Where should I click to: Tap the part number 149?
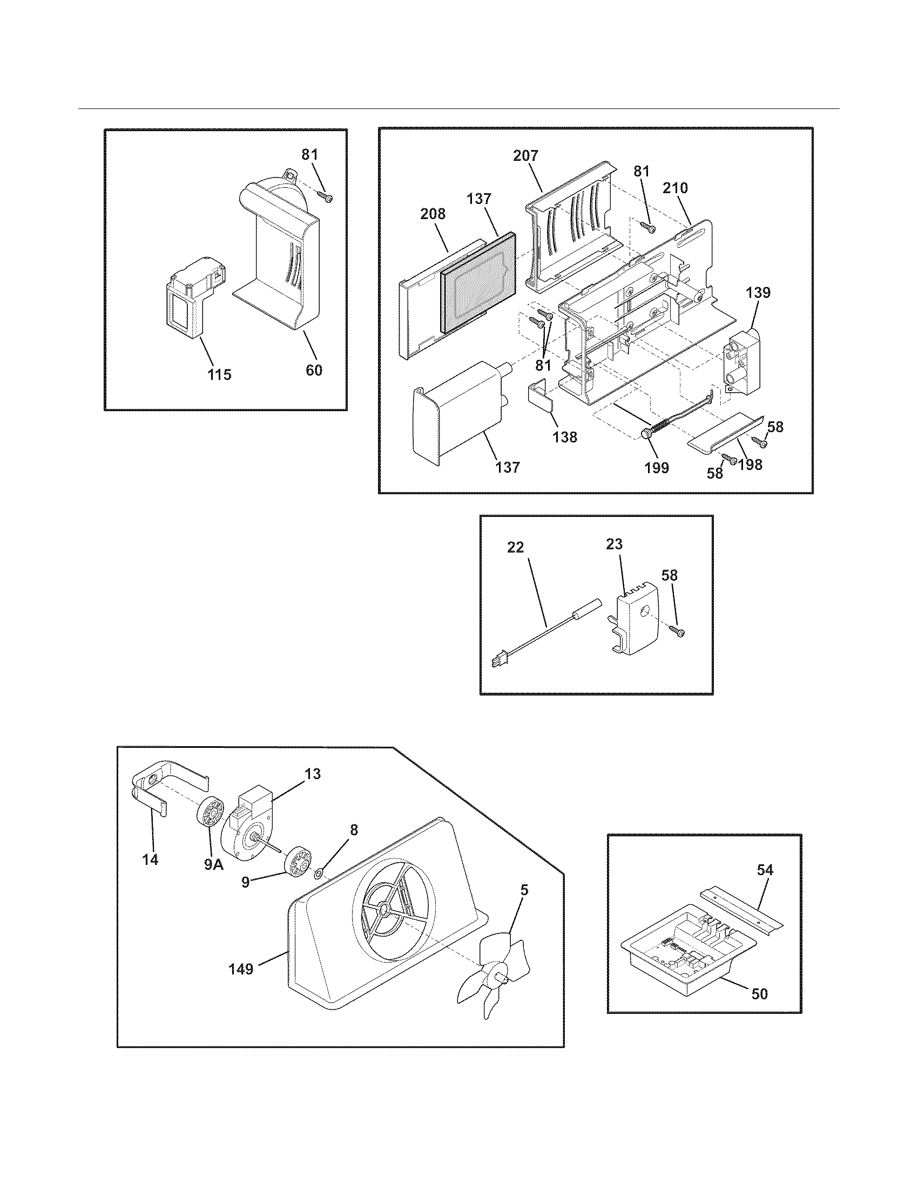[x=241, y=968]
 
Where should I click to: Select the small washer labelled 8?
[x=319, y=874]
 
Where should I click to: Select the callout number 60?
[x=314, y=370]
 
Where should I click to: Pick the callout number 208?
[x=433, y=214]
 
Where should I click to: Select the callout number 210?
[x=675, y=188]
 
